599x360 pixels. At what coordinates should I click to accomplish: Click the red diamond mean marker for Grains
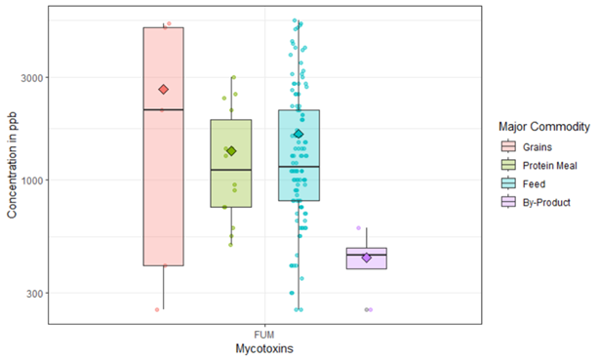[163, 90]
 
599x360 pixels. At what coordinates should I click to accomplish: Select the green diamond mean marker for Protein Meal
[231, 150]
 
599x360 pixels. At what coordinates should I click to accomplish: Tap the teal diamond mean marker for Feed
[299, 134]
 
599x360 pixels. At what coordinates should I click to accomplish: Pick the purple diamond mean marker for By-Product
[366, 258]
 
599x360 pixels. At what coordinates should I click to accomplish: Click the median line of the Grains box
[163, 109]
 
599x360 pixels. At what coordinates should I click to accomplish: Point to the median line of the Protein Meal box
[231, 170]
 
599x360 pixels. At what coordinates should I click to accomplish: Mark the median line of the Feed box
[299, 167]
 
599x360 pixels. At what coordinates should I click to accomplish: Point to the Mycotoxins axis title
[264, 347]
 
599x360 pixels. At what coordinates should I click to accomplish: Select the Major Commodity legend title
[543, 127]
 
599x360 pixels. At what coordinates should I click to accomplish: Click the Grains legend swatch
[507, 147]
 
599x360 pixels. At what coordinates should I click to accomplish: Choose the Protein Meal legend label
[552, 165]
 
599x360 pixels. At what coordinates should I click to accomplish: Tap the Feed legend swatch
[507, 182]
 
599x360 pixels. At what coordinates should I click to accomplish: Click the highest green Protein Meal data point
[232, 78]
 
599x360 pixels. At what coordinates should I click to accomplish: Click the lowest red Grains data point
[156, 309]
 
